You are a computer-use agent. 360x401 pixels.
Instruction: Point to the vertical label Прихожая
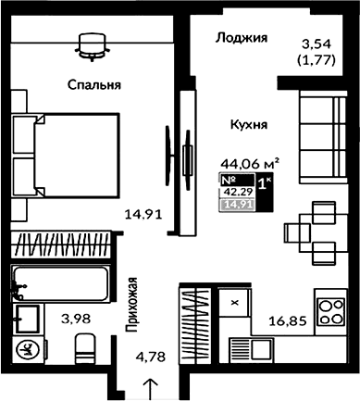coord(133,304)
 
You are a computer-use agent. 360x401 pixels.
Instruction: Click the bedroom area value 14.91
coord(145,215)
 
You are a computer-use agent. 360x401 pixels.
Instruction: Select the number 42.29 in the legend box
coord(237,192)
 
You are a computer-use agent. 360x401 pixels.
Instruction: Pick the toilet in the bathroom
coord(84,351)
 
